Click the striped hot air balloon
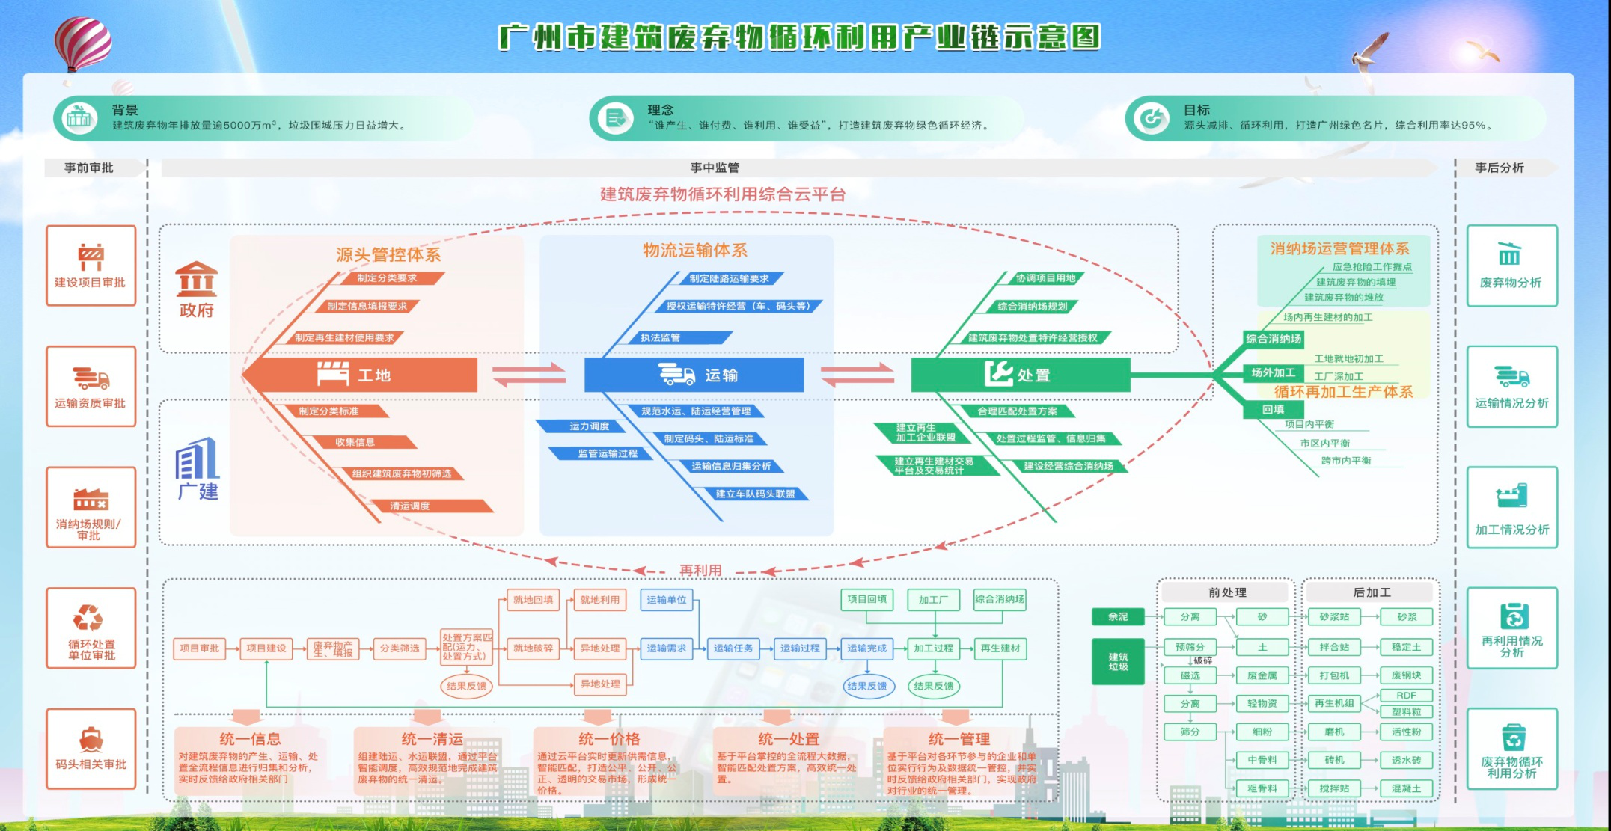point(83,43)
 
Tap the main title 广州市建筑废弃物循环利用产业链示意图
point(799,37)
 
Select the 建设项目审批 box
point(91,266)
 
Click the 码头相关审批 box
point(91,748)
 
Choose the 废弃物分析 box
point(1511,266)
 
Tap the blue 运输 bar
point(694,375)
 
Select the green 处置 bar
point(1020,375)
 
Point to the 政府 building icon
point(197,280)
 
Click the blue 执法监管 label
point(660,338)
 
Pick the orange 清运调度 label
point(410,506)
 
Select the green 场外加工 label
point(1273,372)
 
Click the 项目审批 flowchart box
point(199,648)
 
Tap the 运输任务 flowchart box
point(733,648)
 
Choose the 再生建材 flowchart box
point(1000,648)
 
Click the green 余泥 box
point(1118,617)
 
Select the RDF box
point(1406,696)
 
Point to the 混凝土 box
point(1406,788)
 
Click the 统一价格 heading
point(608,739)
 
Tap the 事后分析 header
point(1499,168)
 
